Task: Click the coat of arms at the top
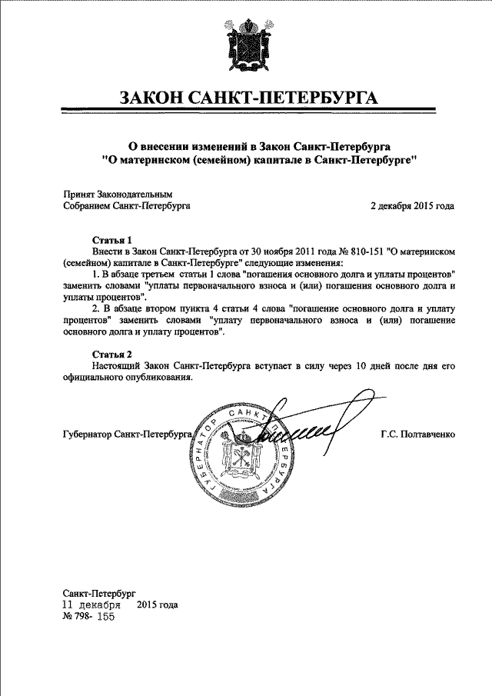(x=245, y=47)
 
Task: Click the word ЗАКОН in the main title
(x=155, y=98)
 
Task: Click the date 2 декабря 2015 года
(x=412, y=206)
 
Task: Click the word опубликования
(x=154, y=378)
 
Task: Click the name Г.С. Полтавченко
(x=417, y=435)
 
